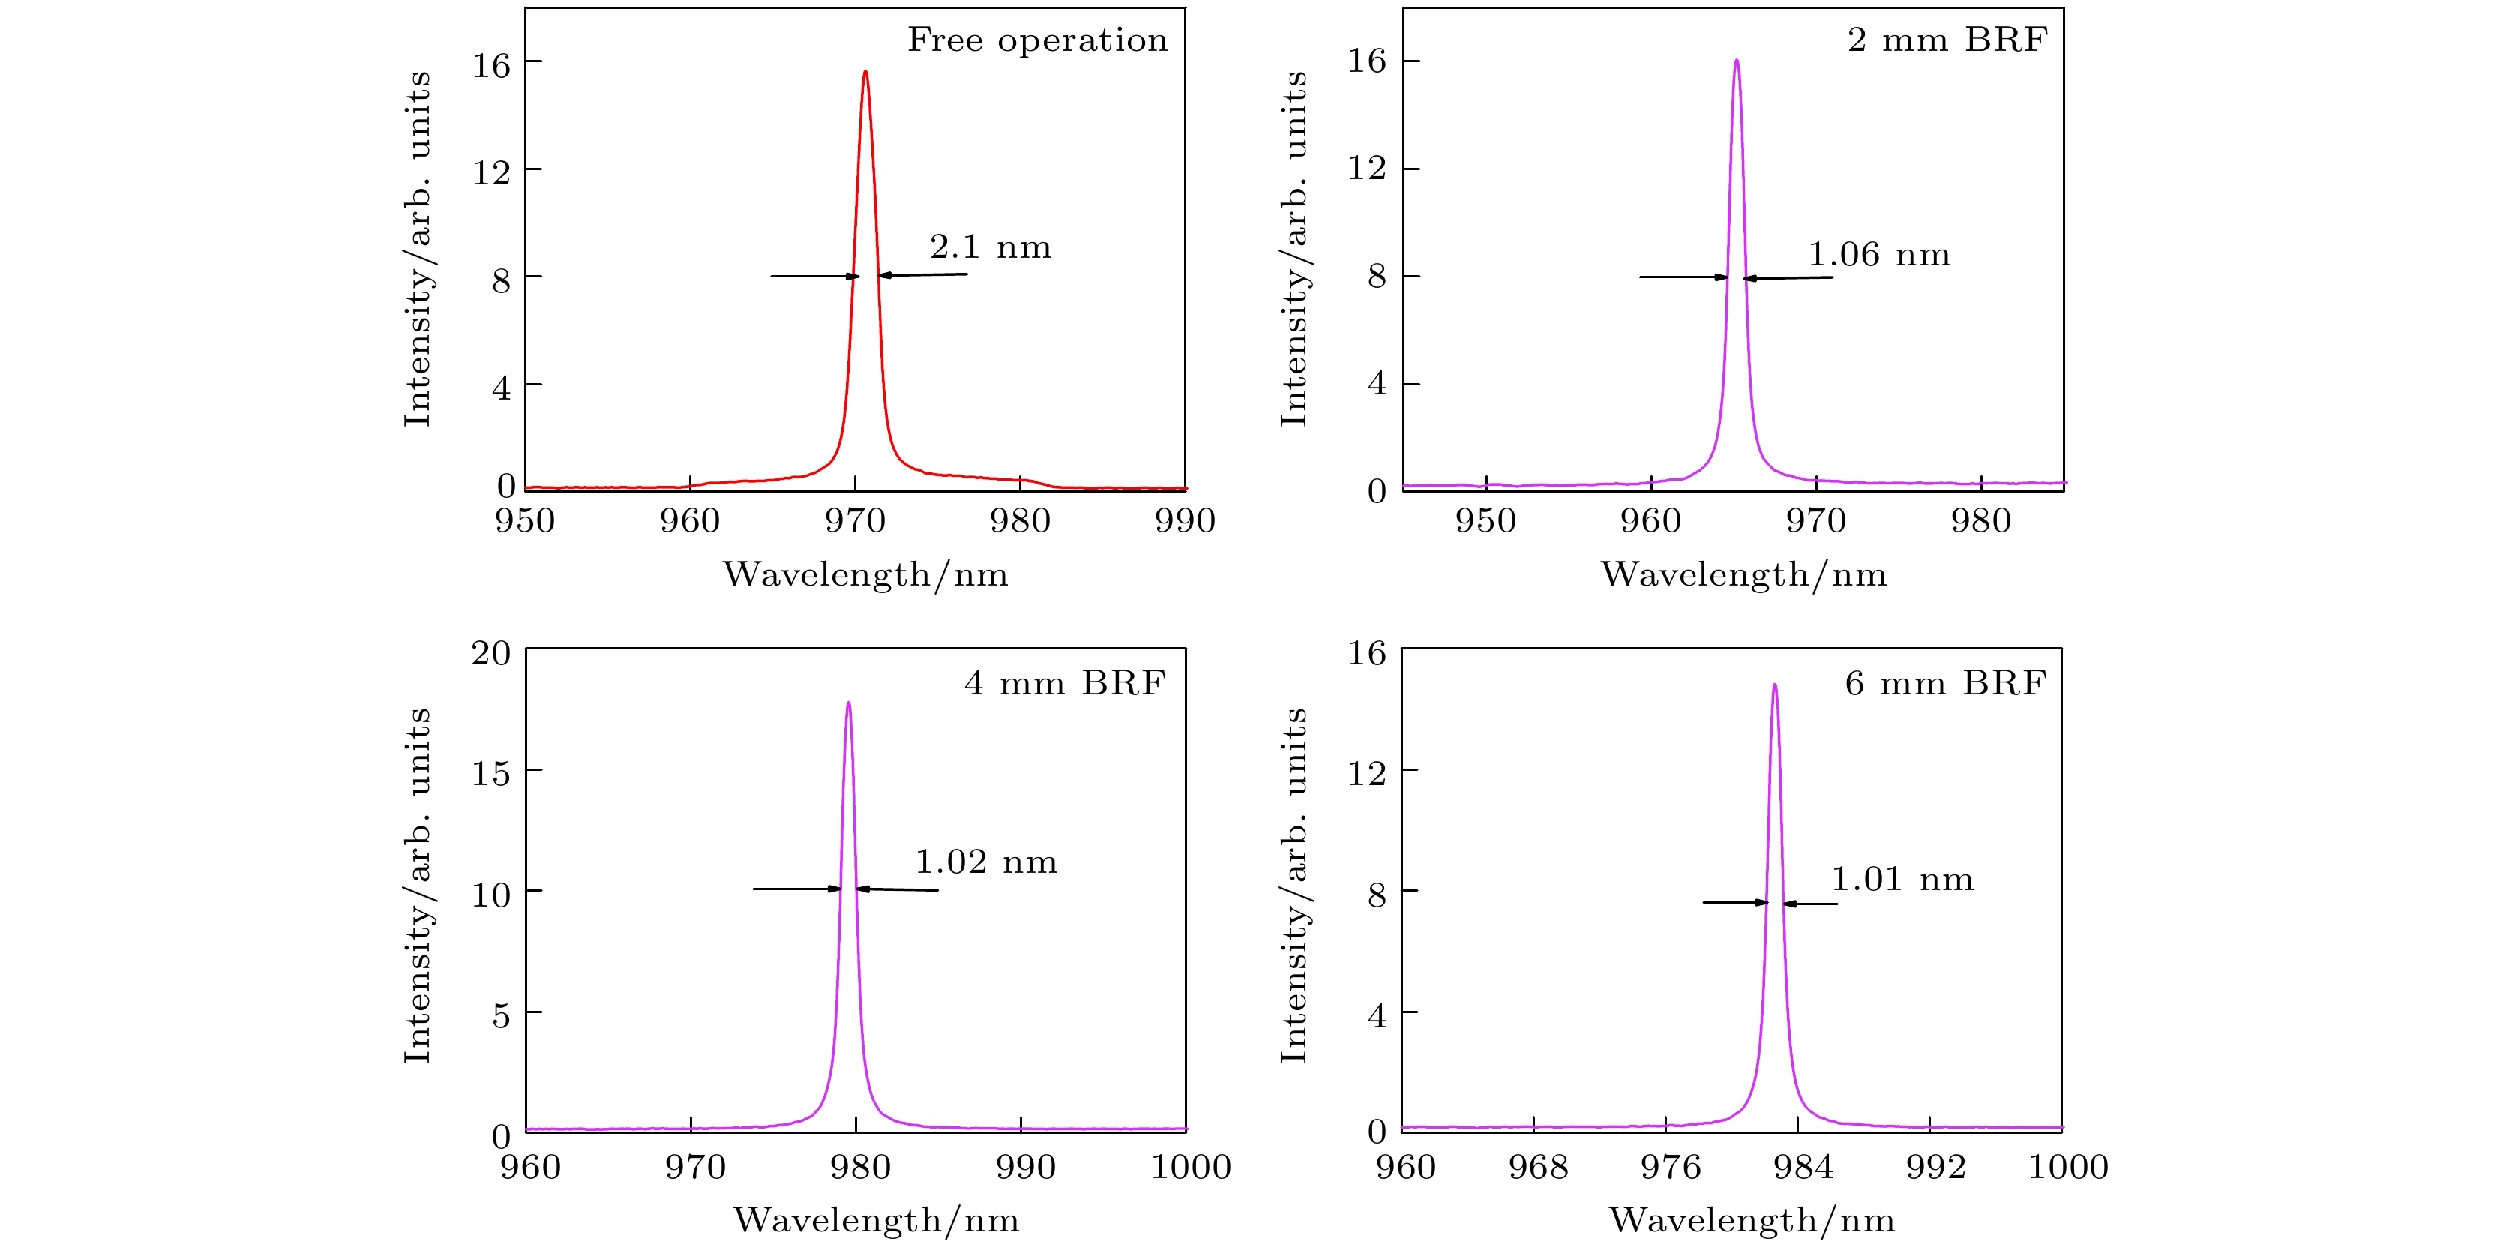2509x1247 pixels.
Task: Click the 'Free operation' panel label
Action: pyautogui.click(x=1037, y=40)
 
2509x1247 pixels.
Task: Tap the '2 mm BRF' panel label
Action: pyautogui.click(x=1947, y=40)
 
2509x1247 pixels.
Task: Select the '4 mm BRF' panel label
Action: pyautogui.click(x=1065, y=683)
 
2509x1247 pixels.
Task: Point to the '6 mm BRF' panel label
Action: pyautogui.click(x=1945, y=683)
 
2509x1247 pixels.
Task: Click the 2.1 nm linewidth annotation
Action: pyautogui.click(x=991, y=247)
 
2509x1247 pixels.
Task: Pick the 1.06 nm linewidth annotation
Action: pyautogui.click(x=1879, y=255)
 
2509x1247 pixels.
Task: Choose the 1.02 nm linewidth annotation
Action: pyautogui.click(x=985, y=862)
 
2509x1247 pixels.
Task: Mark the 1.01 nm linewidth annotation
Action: pyautogui.click(x=1902, y=880)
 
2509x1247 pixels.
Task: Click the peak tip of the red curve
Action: pyautogui.click(x=865, y=71)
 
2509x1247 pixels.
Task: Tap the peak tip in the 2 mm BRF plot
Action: pyautogui.click(x=1737, y=61)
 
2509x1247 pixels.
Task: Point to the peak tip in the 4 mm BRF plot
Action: pyautogui.click(x=848, y=703)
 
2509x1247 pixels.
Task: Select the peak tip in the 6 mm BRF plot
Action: pyautogui.click(x=1775, y=685)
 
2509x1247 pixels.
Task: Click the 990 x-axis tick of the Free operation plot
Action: pyautogui.click(x=1184, y=521)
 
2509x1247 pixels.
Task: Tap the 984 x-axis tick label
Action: pyautogui.click(x=1803, y=1167)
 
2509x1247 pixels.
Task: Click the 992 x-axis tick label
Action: pyautogui.click(x=1935, y=1167)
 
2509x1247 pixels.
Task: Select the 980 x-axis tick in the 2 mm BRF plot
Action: pyautogui.click(x=1981, y=521)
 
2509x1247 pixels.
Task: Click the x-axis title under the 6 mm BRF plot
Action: pyautogui.click(x=1751, y=1220)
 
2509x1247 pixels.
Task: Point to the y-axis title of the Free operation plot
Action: pyautogui.click(x=417, y=248)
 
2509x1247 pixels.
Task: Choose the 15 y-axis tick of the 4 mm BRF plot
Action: pyautogui.click(x=491, y=774)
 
